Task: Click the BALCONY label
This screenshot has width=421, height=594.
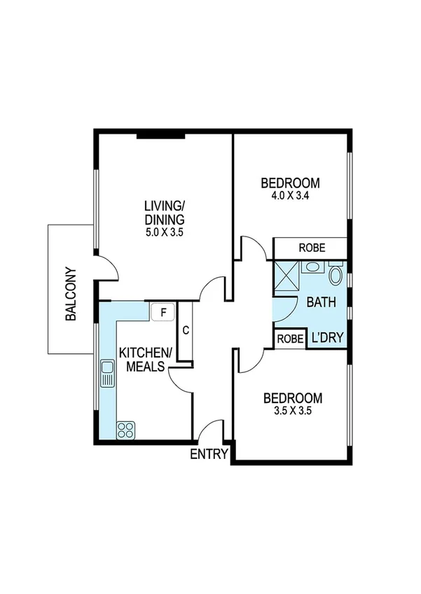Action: [70, 294]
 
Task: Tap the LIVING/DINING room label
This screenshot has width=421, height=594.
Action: [165, 212]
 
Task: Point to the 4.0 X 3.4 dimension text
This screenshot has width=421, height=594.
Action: [290, 197]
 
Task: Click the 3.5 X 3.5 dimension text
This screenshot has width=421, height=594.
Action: [292, 411]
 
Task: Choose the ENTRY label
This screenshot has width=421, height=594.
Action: [209, 455]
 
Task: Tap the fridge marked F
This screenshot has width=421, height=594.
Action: [163, 312]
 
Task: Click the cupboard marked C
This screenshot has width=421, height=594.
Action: [185, 331]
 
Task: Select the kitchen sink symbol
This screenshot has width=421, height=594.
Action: [107, 374]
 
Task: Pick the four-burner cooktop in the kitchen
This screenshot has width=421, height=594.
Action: [125, 430]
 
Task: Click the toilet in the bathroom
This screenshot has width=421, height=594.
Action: [336, 274]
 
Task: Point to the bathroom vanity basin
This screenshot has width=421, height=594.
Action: [311, 267]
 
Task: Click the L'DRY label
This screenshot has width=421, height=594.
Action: [327, 339]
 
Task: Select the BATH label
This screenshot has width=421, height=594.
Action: [322, 302]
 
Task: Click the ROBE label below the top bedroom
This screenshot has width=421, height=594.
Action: [311, 248]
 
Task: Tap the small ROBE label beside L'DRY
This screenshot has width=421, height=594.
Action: [290, 339]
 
